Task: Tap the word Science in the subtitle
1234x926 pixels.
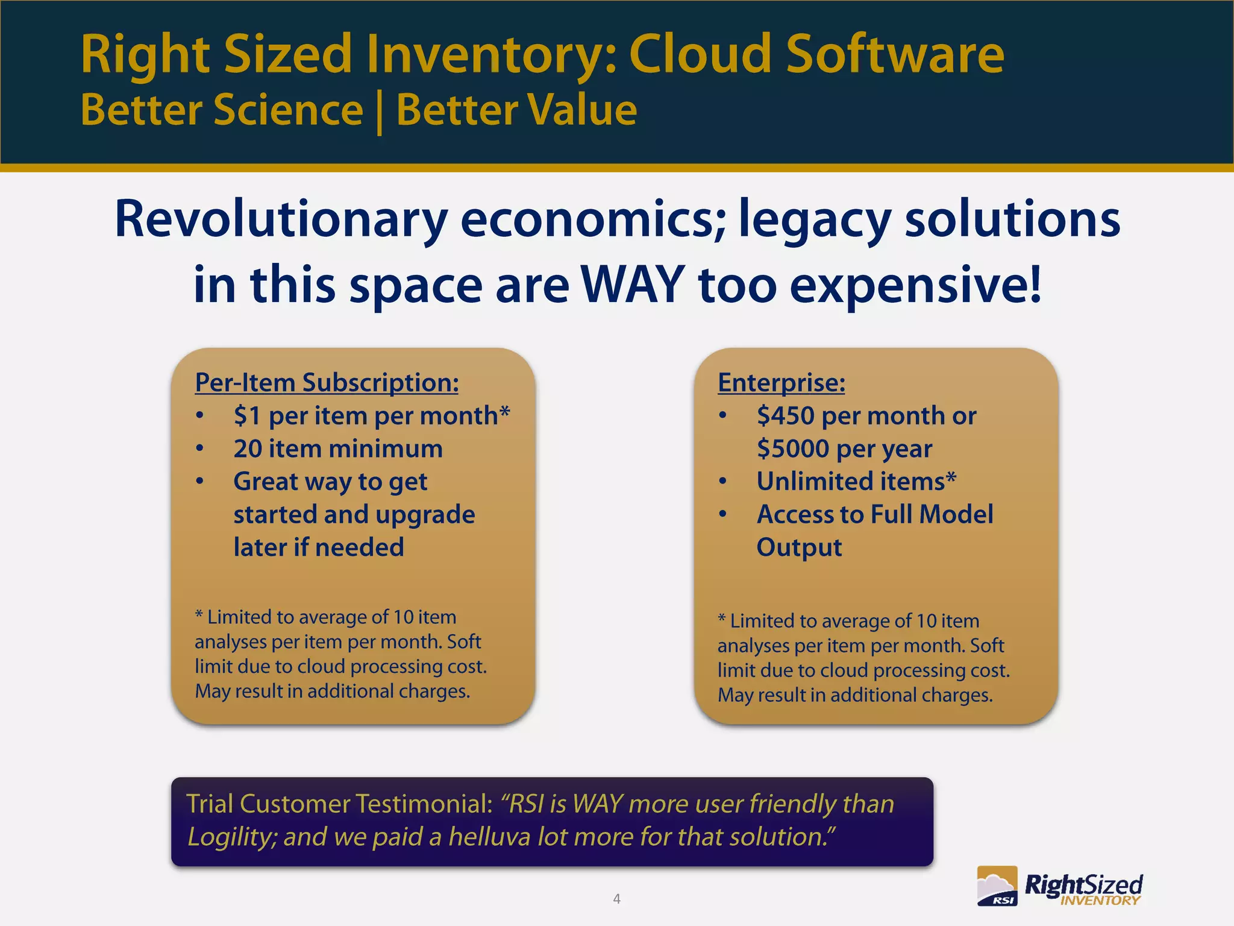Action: (x=288, y=110)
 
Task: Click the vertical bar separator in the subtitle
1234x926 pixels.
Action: (x=380, y=112)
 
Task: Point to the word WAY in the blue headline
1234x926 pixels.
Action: (x=632, y=285)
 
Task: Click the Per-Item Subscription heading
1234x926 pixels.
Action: (x=327, y=383)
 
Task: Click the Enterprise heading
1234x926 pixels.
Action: (x=781, y=383)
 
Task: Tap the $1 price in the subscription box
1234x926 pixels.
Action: (x=247, y=416)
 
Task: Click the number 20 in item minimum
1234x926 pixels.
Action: (x=247, y=449)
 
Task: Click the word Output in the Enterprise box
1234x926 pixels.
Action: (x=799, y=547)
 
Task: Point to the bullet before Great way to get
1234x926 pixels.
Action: (x=200, y=482)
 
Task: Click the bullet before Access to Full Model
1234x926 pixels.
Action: (x=722, y=514)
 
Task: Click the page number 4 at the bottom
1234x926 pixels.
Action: (x=616, y=899)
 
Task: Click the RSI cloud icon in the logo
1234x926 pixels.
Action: (x=997, y=886)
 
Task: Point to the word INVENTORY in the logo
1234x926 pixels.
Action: (x=1100, y=901)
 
